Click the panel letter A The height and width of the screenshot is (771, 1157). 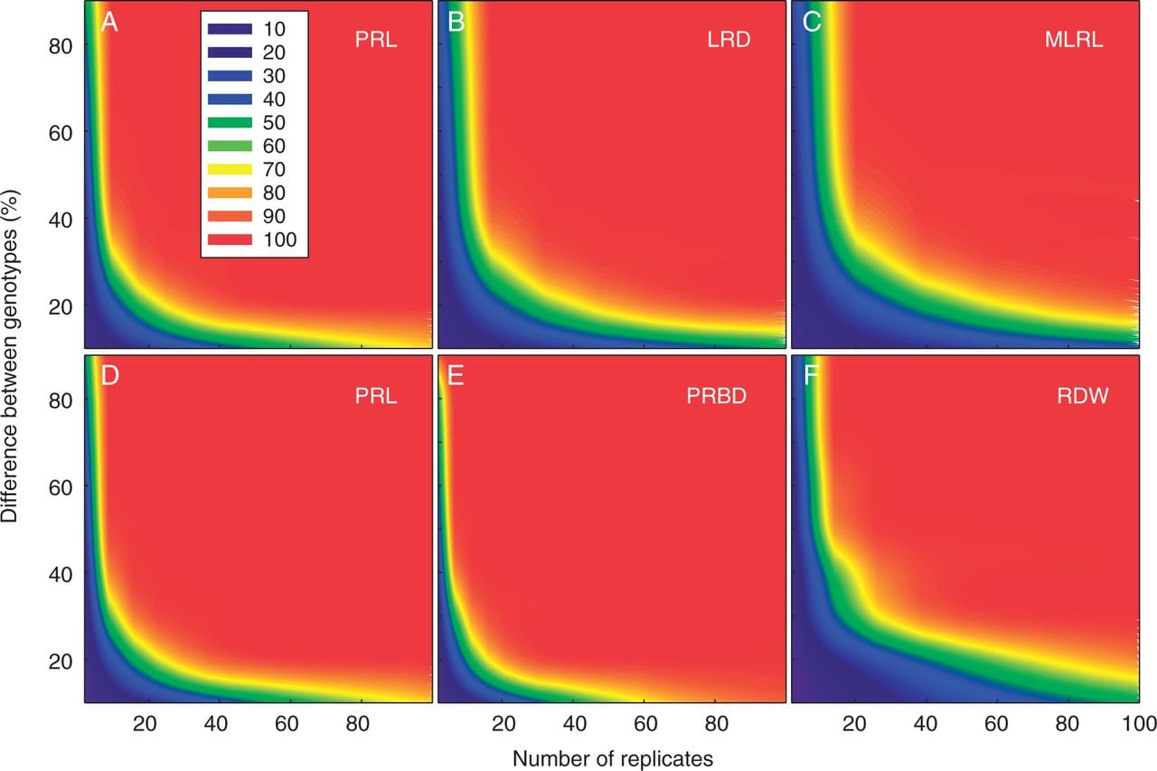point(109,23)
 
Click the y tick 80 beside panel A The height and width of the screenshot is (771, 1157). point(61,43)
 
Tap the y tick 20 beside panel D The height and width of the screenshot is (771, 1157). point(61,661)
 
